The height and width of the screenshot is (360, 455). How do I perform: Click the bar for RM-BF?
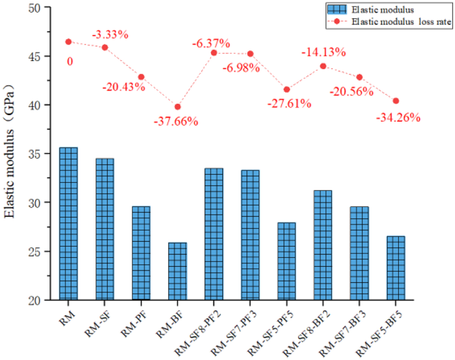point(177,271)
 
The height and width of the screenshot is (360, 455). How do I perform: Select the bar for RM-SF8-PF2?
point(214,234)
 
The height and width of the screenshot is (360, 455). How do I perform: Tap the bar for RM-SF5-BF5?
point(396,268)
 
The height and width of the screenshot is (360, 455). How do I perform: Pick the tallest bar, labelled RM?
point(68,224)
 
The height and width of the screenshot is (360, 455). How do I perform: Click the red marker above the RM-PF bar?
point(141,77)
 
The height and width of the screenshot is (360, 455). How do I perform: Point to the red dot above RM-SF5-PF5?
point(287,89)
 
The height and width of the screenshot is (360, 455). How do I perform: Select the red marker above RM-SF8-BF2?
point(323,66)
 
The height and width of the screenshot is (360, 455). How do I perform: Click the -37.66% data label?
point(176,122)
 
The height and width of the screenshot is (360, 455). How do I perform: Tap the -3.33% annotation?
point(110,35)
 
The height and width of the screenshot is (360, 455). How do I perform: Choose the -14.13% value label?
point(323,52)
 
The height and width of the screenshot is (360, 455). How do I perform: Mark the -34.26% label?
point(398,117)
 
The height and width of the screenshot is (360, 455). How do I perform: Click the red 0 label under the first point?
point(70,61)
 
